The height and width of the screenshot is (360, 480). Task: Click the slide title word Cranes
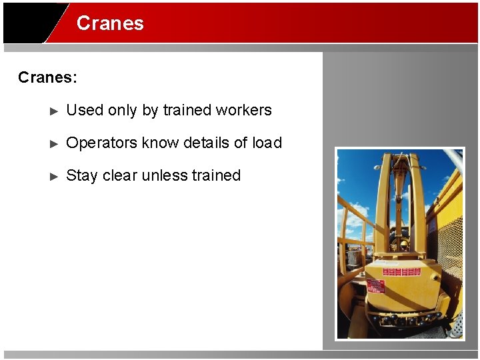(x=110, y=23)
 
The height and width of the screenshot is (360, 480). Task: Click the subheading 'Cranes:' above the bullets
(x=47, y=77)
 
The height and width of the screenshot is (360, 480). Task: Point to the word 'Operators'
(x=97, y=143)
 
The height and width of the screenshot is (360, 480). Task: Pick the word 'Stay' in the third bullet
(x=82, y=175)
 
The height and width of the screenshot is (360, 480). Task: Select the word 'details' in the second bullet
(x=206, y=143)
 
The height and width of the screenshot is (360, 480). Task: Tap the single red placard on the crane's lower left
(x=375, y=286)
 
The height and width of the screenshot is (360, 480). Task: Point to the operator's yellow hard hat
(x=403, y=245)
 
